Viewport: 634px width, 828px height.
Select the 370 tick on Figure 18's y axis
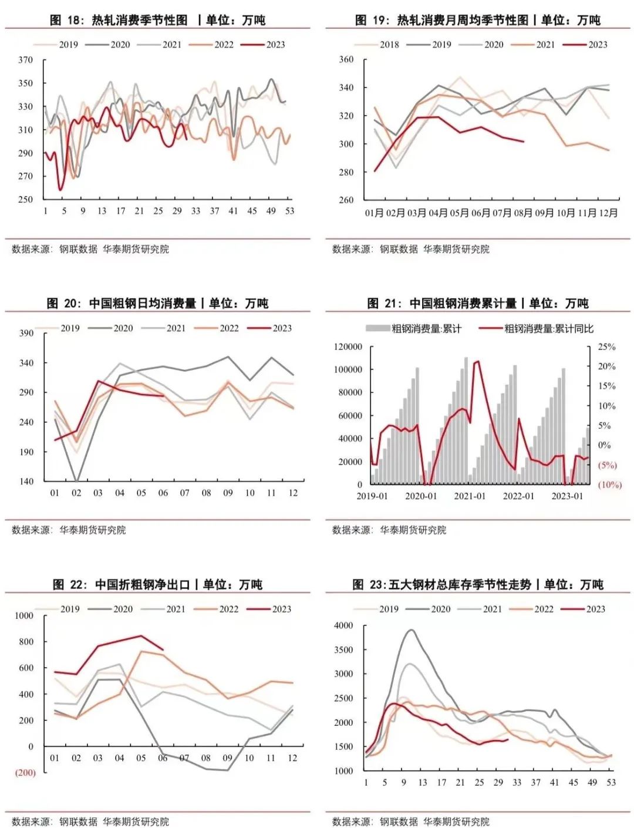coord(25,60)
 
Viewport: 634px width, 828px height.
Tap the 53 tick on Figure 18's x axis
coord(289,211)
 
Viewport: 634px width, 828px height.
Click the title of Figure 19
coord(477,20)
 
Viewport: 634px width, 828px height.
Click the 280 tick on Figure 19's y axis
coord(346,172)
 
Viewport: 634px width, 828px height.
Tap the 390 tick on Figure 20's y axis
coord(26,333)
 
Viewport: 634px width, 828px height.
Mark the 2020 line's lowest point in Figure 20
coord(77,482)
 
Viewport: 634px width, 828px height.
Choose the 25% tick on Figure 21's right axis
coord(606,347)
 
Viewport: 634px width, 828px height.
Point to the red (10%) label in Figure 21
coord(609,485)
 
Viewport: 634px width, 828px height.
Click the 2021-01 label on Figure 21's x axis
coord(470,496)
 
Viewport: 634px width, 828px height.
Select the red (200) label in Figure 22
coord(25,773)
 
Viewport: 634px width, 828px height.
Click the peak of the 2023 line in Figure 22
coord(141,635)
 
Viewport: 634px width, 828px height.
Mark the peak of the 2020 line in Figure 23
coord(411,630)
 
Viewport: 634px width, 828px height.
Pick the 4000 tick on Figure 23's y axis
coord(343,626)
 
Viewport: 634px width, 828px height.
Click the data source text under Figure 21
coord(389,530)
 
